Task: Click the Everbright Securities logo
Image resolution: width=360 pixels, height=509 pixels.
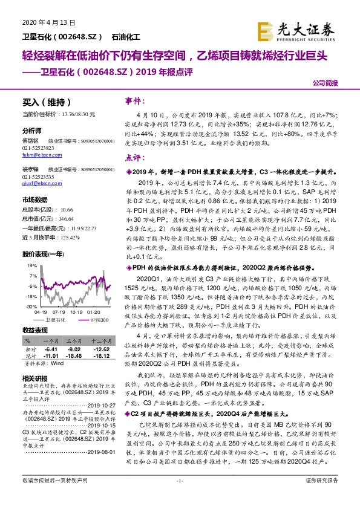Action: coord(296,28)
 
